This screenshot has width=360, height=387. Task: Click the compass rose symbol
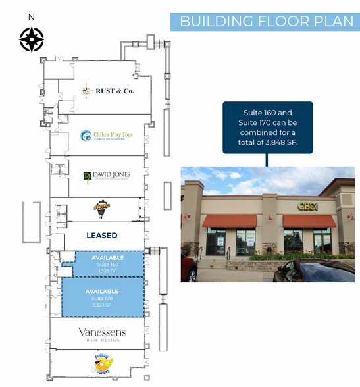pyautogui.click(x=32, y=39)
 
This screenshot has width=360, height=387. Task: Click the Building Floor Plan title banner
pyautogui.click(x=266, y=21)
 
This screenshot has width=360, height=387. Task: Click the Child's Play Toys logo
pyautogui.click(x=106, y=136)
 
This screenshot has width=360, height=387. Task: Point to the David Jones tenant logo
pyautogui.click(x=107, y=176)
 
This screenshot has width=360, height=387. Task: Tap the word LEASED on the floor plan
pyautogui.click(x=102, y=235)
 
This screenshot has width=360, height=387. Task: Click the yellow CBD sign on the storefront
pyautogui.click(x=307, y=206)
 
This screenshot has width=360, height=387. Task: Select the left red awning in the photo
pyautogui.click(x=229, y=220)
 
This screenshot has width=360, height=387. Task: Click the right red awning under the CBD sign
pyautogui.click(x=309, y=221)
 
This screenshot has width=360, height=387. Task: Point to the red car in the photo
pyautogui.click(x=189, y=269)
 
